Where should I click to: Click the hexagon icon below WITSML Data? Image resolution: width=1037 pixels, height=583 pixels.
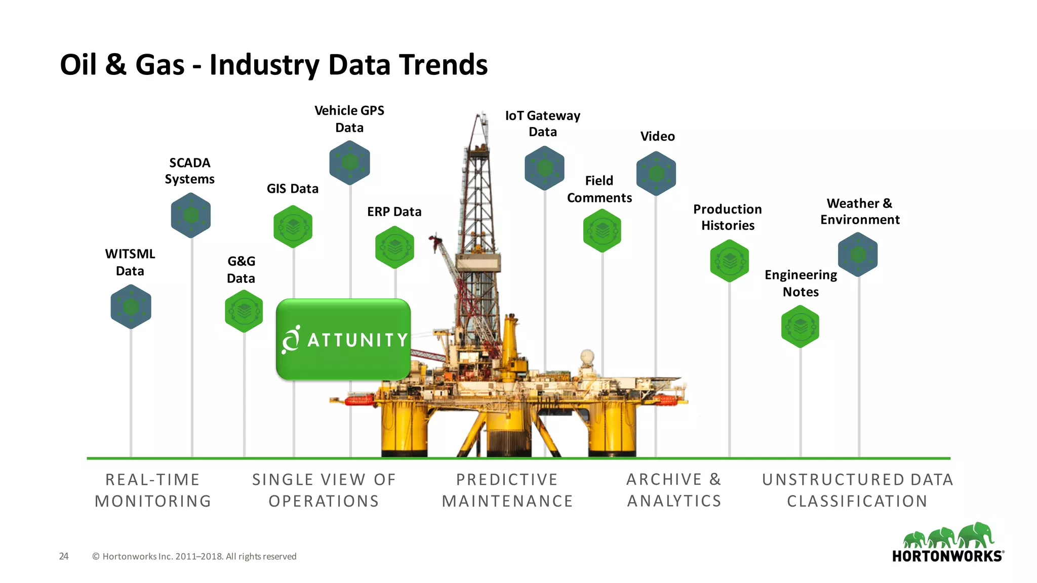coord(131,307)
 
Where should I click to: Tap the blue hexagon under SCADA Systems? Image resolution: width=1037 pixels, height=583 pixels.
coord(191,215)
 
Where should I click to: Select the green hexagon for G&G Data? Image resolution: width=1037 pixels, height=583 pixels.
coord(244,311)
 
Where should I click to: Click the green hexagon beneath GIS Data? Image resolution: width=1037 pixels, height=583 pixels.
coord(293,227)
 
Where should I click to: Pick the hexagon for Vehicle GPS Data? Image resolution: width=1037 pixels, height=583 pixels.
coord(350,162)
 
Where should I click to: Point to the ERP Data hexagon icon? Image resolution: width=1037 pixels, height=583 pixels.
coord(395,247)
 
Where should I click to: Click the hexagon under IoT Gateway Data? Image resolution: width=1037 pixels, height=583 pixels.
coord(544,168)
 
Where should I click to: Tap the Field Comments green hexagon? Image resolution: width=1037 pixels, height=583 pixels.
coord(602,231)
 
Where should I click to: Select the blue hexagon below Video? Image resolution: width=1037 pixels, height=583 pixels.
coord(656,174)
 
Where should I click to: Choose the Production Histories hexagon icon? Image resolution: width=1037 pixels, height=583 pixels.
coord(729,261)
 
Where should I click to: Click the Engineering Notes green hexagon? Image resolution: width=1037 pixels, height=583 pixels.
coord(800,326)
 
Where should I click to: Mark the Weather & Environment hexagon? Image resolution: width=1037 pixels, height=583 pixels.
coord(858,255)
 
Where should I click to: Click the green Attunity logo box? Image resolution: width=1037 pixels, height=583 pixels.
coord(343,339)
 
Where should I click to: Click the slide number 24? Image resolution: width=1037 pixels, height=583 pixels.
coord(64,556)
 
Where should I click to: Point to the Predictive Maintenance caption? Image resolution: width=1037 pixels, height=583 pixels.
coord(507,490)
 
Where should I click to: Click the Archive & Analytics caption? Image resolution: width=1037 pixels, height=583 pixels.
coord(674,490)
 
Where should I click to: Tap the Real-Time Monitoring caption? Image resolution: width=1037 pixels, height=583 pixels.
coord(152,490)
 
